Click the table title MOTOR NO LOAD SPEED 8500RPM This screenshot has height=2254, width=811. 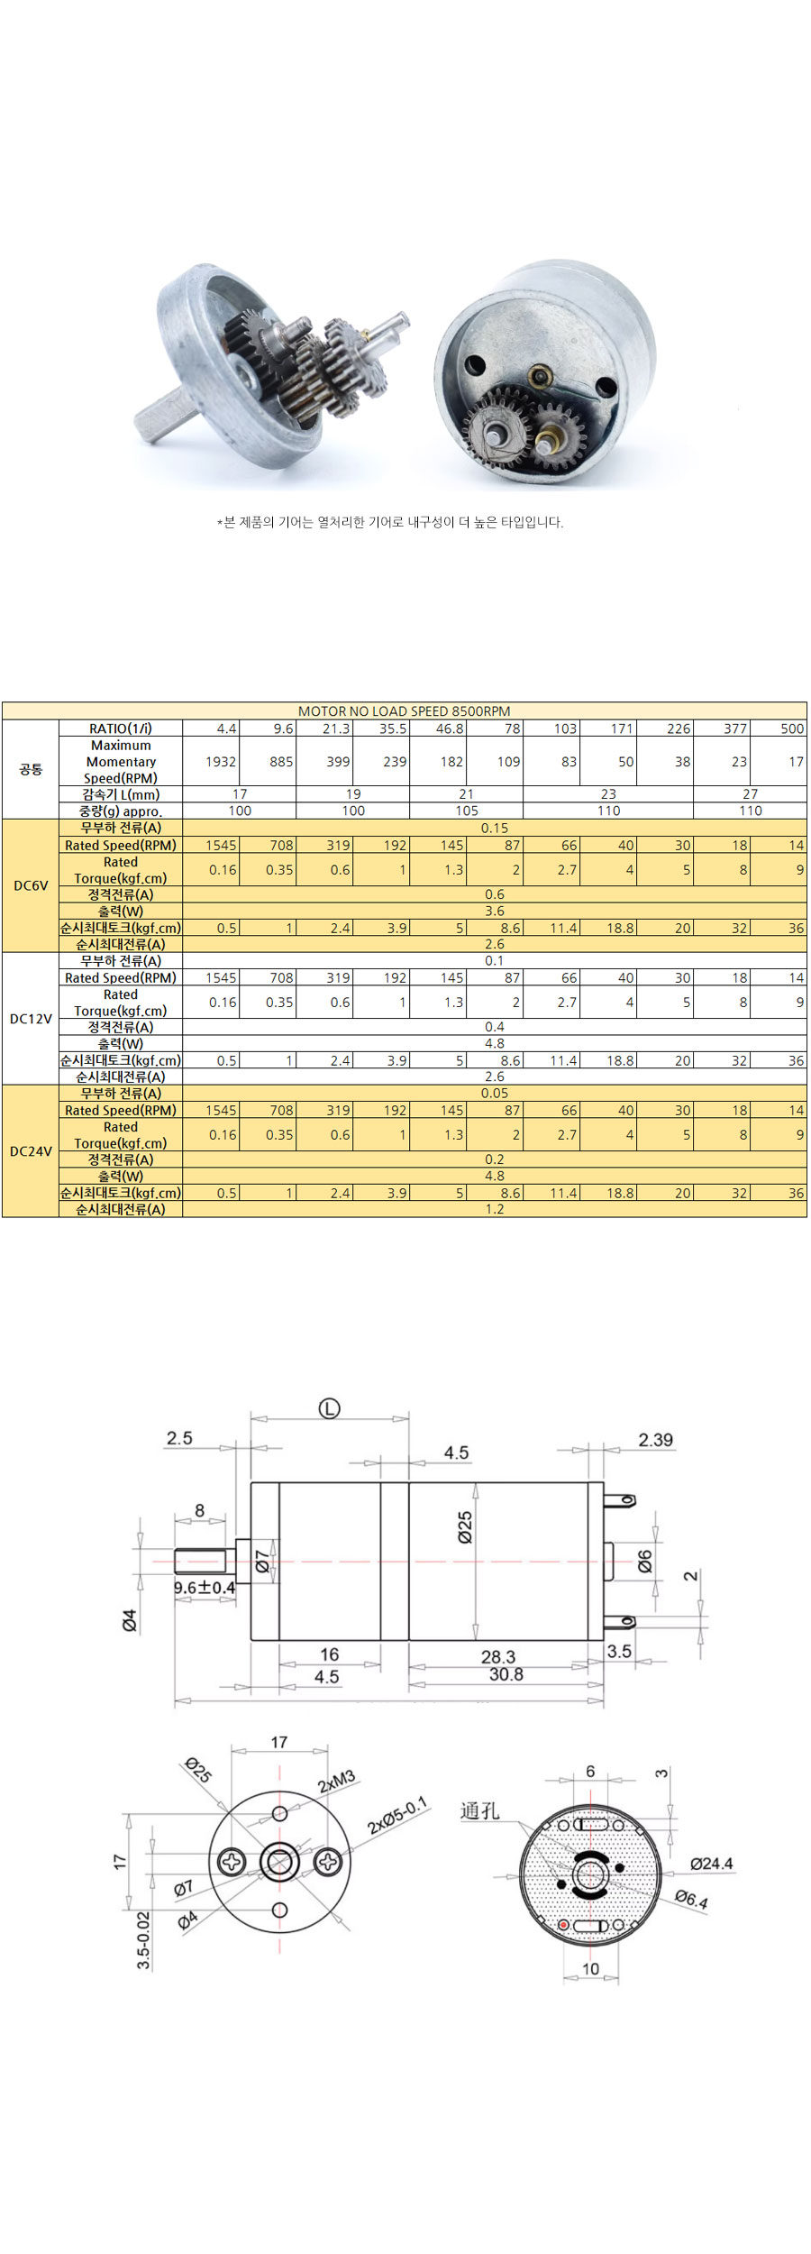click(404, 711)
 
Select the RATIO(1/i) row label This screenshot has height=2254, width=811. click(121, 728)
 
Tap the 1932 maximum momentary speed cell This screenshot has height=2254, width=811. click(220, 762)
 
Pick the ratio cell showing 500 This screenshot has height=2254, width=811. click(792, 728)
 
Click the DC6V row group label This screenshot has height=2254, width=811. click(31, 886)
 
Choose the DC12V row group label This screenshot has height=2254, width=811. click(31, 1019)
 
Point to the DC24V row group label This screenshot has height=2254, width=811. click(31, 1151)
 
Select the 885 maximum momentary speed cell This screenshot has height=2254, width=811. click(280, 762)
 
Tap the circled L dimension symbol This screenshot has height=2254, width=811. click(330, 1408)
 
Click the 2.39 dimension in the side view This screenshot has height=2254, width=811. click(655, 1440)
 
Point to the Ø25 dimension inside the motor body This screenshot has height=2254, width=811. click(465, 1528)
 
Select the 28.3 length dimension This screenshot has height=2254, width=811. click(497, 1656)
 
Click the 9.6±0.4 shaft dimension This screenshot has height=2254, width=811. click(205, 1587)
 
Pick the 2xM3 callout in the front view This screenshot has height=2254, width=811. click(336, 1782)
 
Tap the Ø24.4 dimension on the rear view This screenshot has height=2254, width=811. click(711, 1864)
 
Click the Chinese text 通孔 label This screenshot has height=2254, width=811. click(479, 1810)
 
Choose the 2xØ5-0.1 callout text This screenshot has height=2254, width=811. click(397, 1816)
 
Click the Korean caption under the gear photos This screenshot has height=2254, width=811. click(389, 522)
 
